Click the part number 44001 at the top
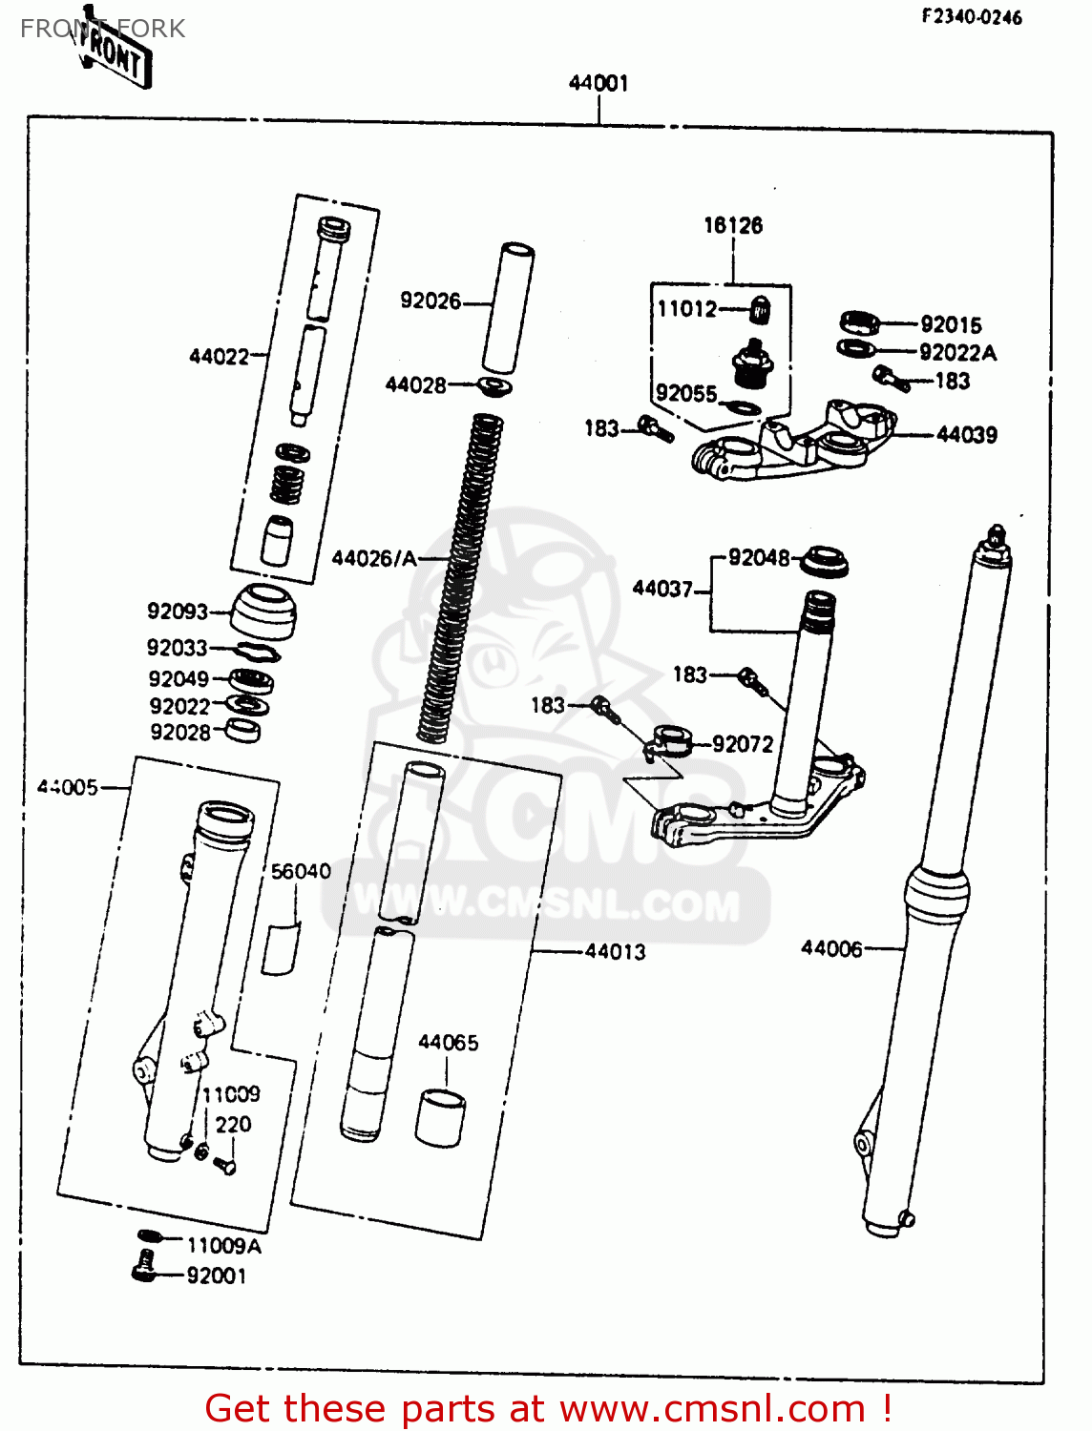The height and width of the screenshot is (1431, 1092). tap(598, 83)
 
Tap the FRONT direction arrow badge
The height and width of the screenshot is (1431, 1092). tap(113, 52)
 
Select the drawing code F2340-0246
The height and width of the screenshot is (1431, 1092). tap(971, 16)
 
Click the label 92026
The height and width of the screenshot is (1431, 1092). tap(430, 301)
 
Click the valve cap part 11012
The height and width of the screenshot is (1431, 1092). tap(761, 310)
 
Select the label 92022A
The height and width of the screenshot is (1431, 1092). tap(957, 353)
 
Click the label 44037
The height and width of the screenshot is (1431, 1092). tap(661, 589)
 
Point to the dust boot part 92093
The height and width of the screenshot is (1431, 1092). tap(263, 612)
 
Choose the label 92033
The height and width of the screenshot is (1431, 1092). tap(177, 648)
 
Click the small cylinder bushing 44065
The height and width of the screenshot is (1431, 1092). tap(440, 1118)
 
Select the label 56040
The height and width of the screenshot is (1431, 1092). tap(301, 872)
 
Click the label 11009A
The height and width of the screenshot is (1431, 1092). tap(223, 1246)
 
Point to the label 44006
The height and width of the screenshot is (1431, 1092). tap(831, 948)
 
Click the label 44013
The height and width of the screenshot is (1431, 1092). tap(615, 952)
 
